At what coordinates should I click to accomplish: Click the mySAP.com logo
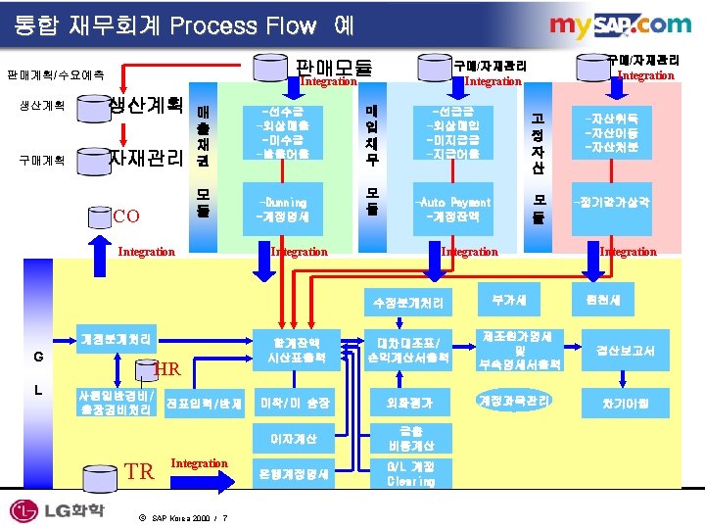click(620, 26)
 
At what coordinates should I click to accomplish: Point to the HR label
click(167, 369)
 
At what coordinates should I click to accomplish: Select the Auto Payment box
click(453, 210)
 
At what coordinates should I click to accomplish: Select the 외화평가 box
click(408, 403)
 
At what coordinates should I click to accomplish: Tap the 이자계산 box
click(294, 438)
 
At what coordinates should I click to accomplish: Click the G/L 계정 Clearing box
click(410, 474)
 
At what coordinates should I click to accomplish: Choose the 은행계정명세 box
click(294, 474)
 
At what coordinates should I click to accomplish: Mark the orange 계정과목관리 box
click(516, 401)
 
